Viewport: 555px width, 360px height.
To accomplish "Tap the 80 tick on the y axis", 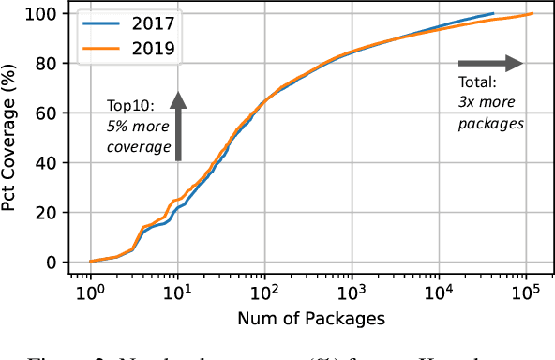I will coord(44,64).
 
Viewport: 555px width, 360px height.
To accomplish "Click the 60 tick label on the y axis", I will coord(44,113).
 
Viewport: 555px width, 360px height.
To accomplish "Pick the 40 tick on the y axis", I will coord(44,163).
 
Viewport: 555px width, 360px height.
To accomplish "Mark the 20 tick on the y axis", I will coord(44,213).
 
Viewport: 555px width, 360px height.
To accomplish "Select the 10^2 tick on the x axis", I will coord(264,292).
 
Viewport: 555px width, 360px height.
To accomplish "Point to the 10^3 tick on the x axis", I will coord(351,292).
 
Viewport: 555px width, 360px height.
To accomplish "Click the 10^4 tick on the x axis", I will coord(438,292).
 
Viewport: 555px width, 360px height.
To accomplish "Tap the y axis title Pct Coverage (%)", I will coord(14,138).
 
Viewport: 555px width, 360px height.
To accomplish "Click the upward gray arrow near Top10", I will coord(177,126).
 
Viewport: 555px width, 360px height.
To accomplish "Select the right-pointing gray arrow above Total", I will coord(498,64).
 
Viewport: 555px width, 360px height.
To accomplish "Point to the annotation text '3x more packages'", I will coord(490,113).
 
